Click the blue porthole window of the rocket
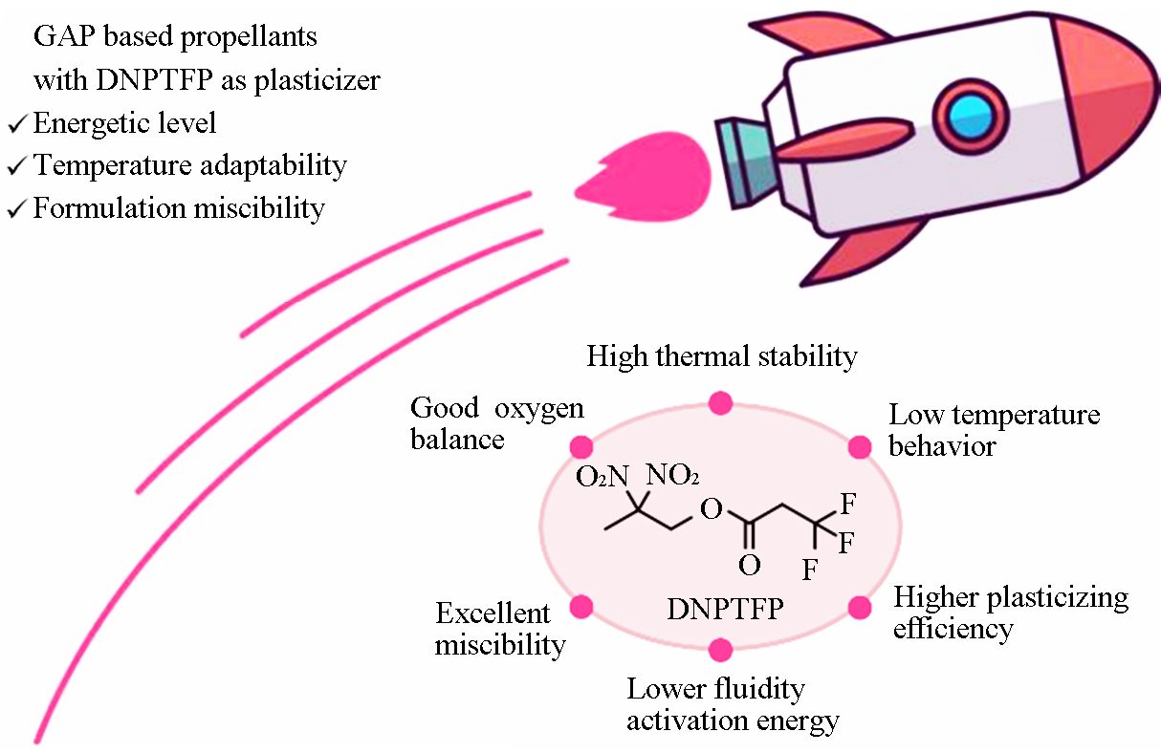(x=971, y=117)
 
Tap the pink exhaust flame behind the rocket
(x=646, y=177)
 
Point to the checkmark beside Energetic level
(x=16, y=124)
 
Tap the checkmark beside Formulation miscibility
(x=16, y=208)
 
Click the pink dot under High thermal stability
(x=720, y=403)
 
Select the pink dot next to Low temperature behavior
(x=860, y=447)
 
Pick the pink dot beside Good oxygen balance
(x=581, y=447)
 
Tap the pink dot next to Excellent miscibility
(x=581, y=607)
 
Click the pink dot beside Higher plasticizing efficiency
(x=860, y=608)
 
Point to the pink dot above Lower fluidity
(x=720, y=650)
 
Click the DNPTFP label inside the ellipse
(x=725, y=609)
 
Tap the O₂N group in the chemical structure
(x=602, y=476)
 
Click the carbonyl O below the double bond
(x=750, y=565)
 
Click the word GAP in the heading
(x=65, y=36)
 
